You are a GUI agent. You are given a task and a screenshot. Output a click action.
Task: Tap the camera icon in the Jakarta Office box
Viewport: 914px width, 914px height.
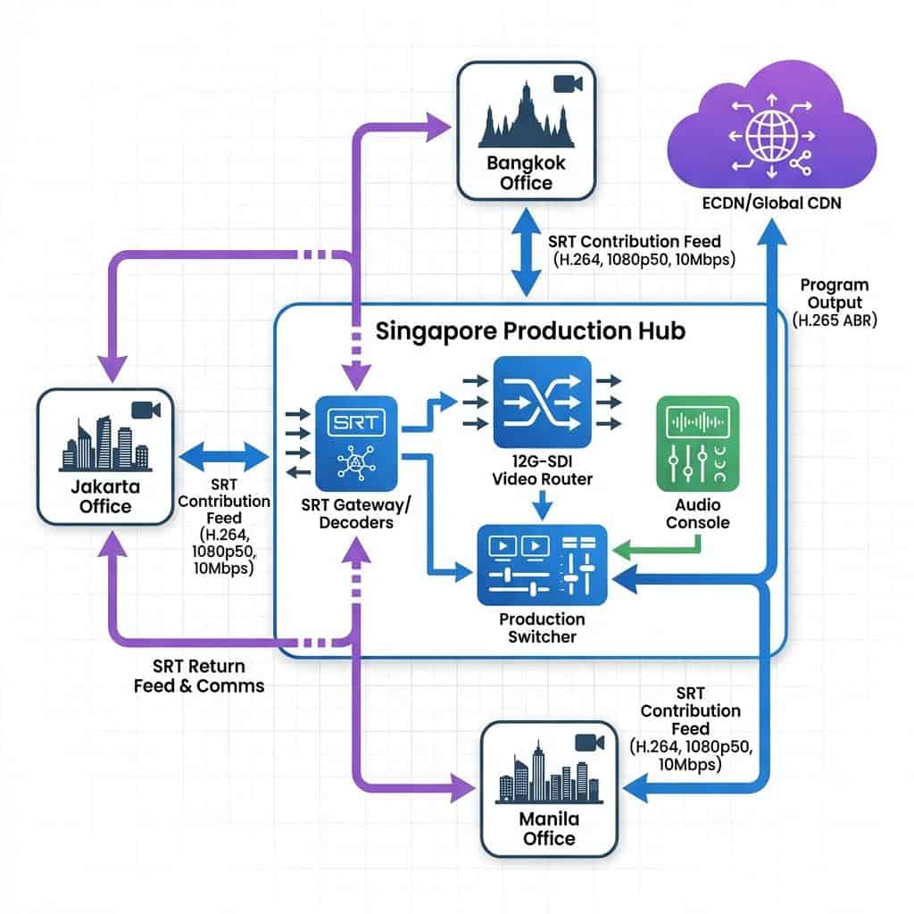(x=144, y=410)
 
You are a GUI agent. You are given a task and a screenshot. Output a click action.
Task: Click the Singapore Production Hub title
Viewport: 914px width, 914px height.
(x=530, y=331)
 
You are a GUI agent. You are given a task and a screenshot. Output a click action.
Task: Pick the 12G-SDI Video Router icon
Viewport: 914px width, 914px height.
(x=542, y=402)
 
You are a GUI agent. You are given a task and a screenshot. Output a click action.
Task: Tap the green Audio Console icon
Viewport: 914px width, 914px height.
(x=697, y=445)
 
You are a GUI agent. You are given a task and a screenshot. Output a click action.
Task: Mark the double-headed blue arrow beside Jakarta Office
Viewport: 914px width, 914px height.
(x=223, y=458)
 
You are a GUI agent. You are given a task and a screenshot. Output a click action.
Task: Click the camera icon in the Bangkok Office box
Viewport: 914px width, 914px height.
(x=568, y=84)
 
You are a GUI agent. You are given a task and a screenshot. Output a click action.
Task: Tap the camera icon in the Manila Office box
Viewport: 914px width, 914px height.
(x=586, y=743)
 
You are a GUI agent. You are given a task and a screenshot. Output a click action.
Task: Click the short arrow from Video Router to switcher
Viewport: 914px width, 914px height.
(x=542, y=505)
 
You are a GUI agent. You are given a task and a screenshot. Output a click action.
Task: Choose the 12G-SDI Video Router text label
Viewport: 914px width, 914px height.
(x=542, y=470)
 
